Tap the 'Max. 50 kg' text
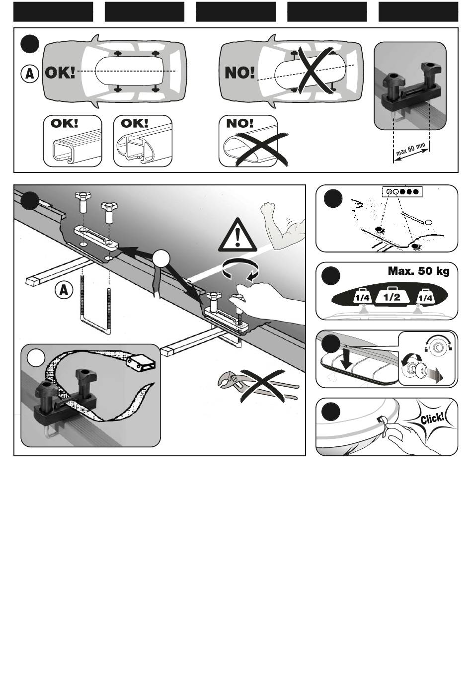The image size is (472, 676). click(418, 271)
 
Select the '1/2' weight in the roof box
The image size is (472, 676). click(392, 297)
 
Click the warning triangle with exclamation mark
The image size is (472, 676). click(237, 236)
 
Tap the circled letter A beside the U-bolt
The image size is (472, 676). click(64, 290)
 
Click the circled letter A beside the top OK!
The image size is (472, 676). click(30, 74)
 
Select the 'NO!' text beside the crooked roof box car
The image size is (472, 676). click(239, 73)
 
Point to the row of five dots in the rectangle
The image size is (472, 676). click(402, 191)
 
